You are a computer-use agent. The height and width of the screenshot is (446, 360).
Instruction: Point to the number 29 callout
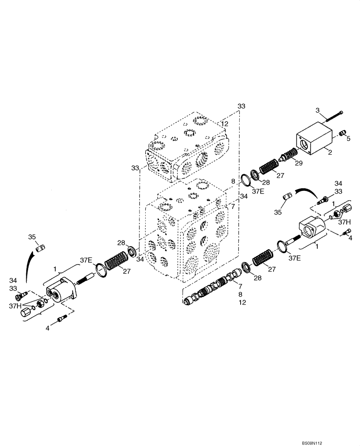(298, 164)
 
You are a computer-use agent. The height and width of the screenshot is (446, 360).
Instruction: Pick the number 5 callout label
(348, 139)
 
